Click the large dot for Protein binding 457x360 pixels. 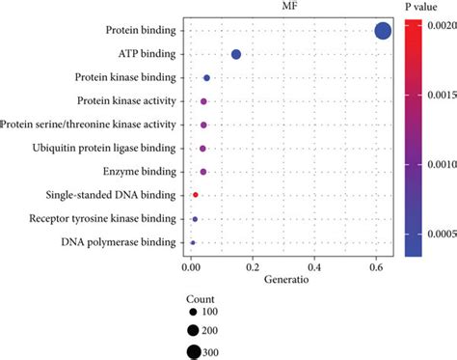click(383, 31)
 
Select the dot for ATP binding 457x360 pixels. click(236, 55)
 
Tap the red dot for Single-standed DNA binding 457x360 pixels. click(196, 195)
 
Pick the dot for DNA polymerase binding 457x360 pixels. click(193, 242)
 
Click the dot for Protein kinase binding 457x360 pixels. click(206, 78)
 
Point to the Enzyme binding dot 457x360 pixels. click(202, 172)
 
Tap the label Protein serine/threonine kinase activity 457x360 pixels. click(89, 125)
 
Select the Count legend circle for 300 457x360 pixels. click(195, 352)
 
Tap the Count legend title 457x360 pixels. click(202, 300)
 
